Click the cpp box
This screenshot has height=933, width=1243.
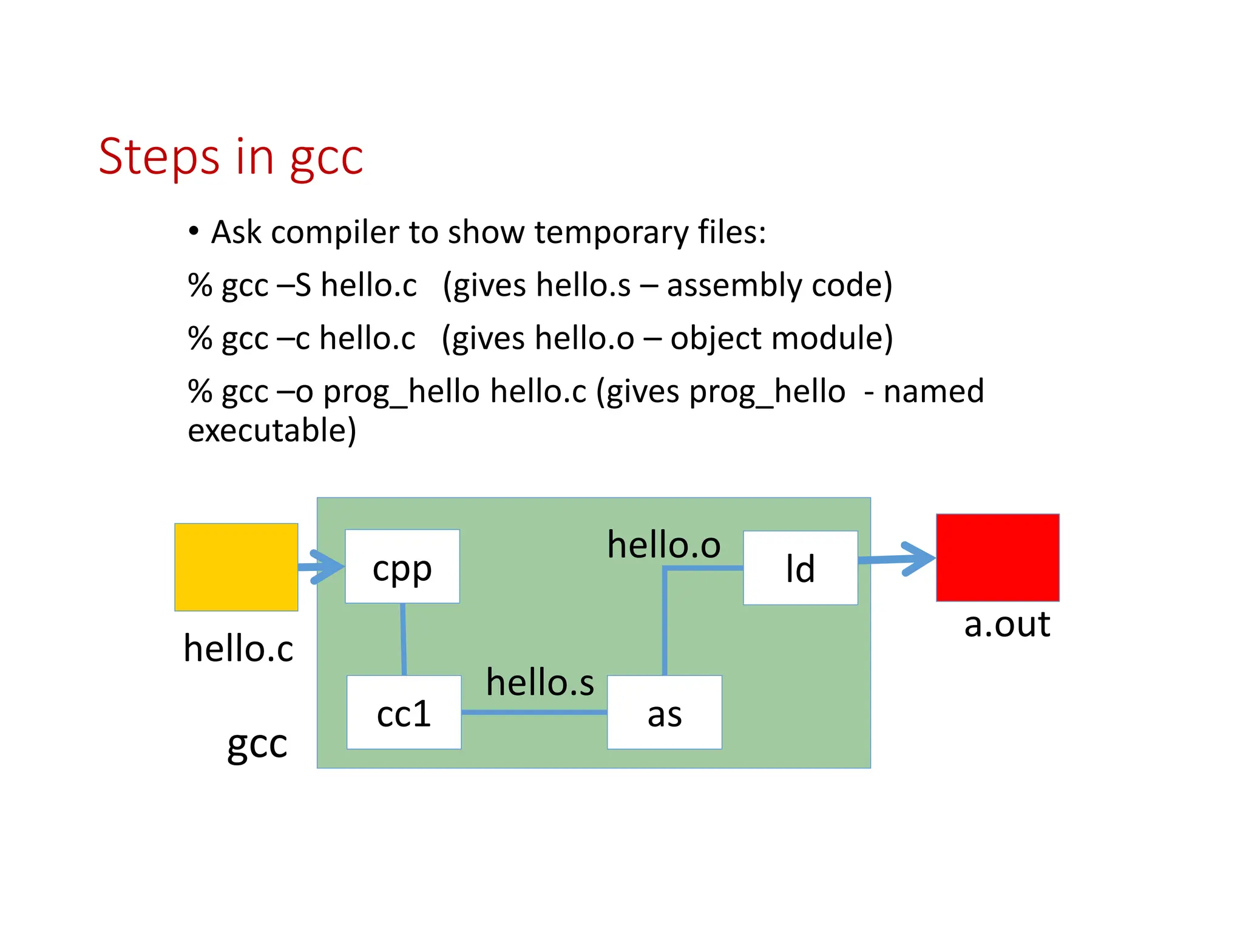tap(402, 566)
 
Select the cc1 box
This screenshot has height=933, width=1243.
tap(404, 712)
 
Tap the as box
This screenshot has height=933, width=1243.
tap(665, 712)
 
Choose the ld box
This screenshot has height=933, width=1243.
tap(800, 568)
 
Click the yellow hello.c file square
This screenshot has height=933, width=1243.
tap(236, 567)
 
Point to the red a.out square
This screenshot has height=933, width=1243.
tap(997, 558)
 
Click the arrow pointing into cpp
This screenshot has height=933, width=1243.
tap(322, 567)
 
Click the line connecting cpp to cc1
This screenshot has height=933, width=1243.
tap(403, 639)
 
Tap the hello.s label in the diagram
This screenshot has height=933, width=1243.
tap(540, 682)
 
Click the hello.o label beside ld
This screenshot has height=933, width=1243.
tap(663, 544)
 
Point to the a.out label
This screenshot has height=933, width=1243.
tap(1007, 624)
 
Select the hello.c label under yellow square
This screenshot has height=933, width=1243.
tap(239, 648)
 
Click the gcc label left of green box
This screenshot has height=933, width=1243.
tap(257, 744)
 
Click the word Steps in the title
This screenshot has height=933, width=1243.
tap(159, 157)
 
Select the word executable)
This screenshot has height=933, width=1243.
tap(272, 431)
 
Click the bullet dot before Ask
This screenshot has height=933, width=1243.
tap(194, 231)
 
